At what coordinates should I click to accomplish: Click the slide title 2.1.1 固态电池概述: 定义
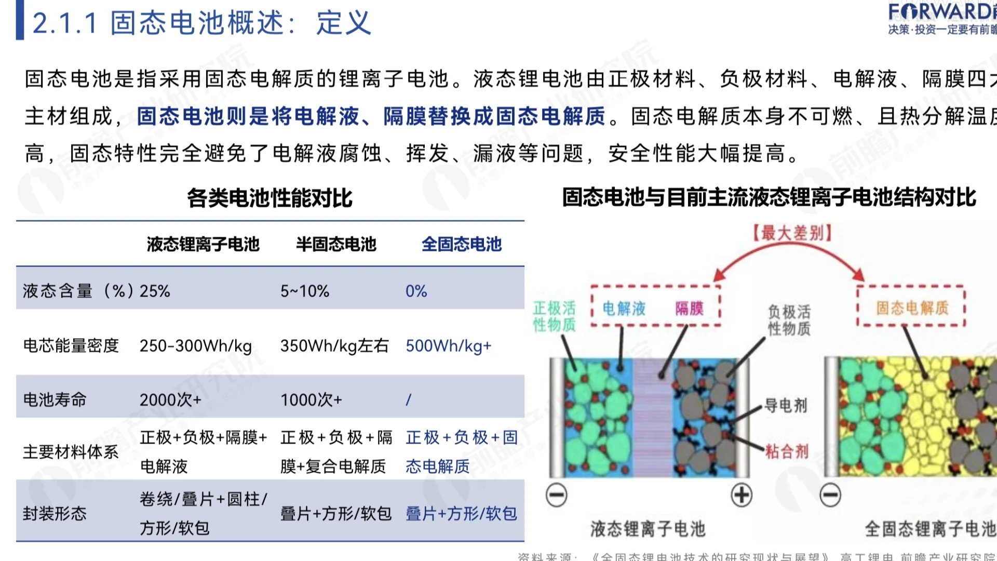tap(201, 23)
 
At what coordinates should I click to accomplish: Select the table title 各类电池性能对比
tap(270, 198)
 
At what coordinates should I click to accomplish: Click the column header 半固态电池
tap(336, 244)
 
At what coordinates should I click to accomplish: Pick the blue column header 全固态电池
tap(461, 244)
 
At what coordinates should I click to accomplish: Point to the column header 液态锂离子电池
tap(203, 244)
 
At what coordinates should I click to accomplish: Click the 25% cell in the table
tap(155, 291)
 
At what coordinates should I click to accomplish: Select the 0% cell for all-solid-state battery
tap(416, 291)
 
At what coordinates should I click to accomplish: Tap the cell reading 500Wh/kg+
tap(448, 346)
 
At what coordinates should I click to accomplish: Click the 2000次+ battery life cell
tap(170, 400)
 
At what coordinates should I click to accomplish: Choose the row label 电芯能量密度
tap(71, 346)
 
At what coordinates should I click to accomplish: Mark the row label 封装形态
tap(55, 514)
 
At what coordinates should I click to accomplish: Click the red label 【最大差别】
tap(792, 233)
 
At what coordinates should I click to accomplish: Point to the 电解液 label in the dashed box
tap(624, 309)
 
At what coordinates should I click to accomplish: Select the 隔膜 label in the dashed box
tap(689, 309)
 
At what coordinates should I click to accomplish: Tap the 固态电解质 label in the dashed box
tap(912, 308)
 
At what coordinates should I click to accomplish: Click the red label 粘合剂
tap(787, 451)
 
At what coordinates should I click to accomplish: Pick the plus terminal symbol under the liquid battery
tap(742, 495)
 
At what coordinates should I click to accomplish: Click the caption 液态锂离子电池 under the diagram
tap(648, 529)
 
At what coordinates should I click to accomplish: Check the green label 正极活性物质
tap(555, 316)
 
